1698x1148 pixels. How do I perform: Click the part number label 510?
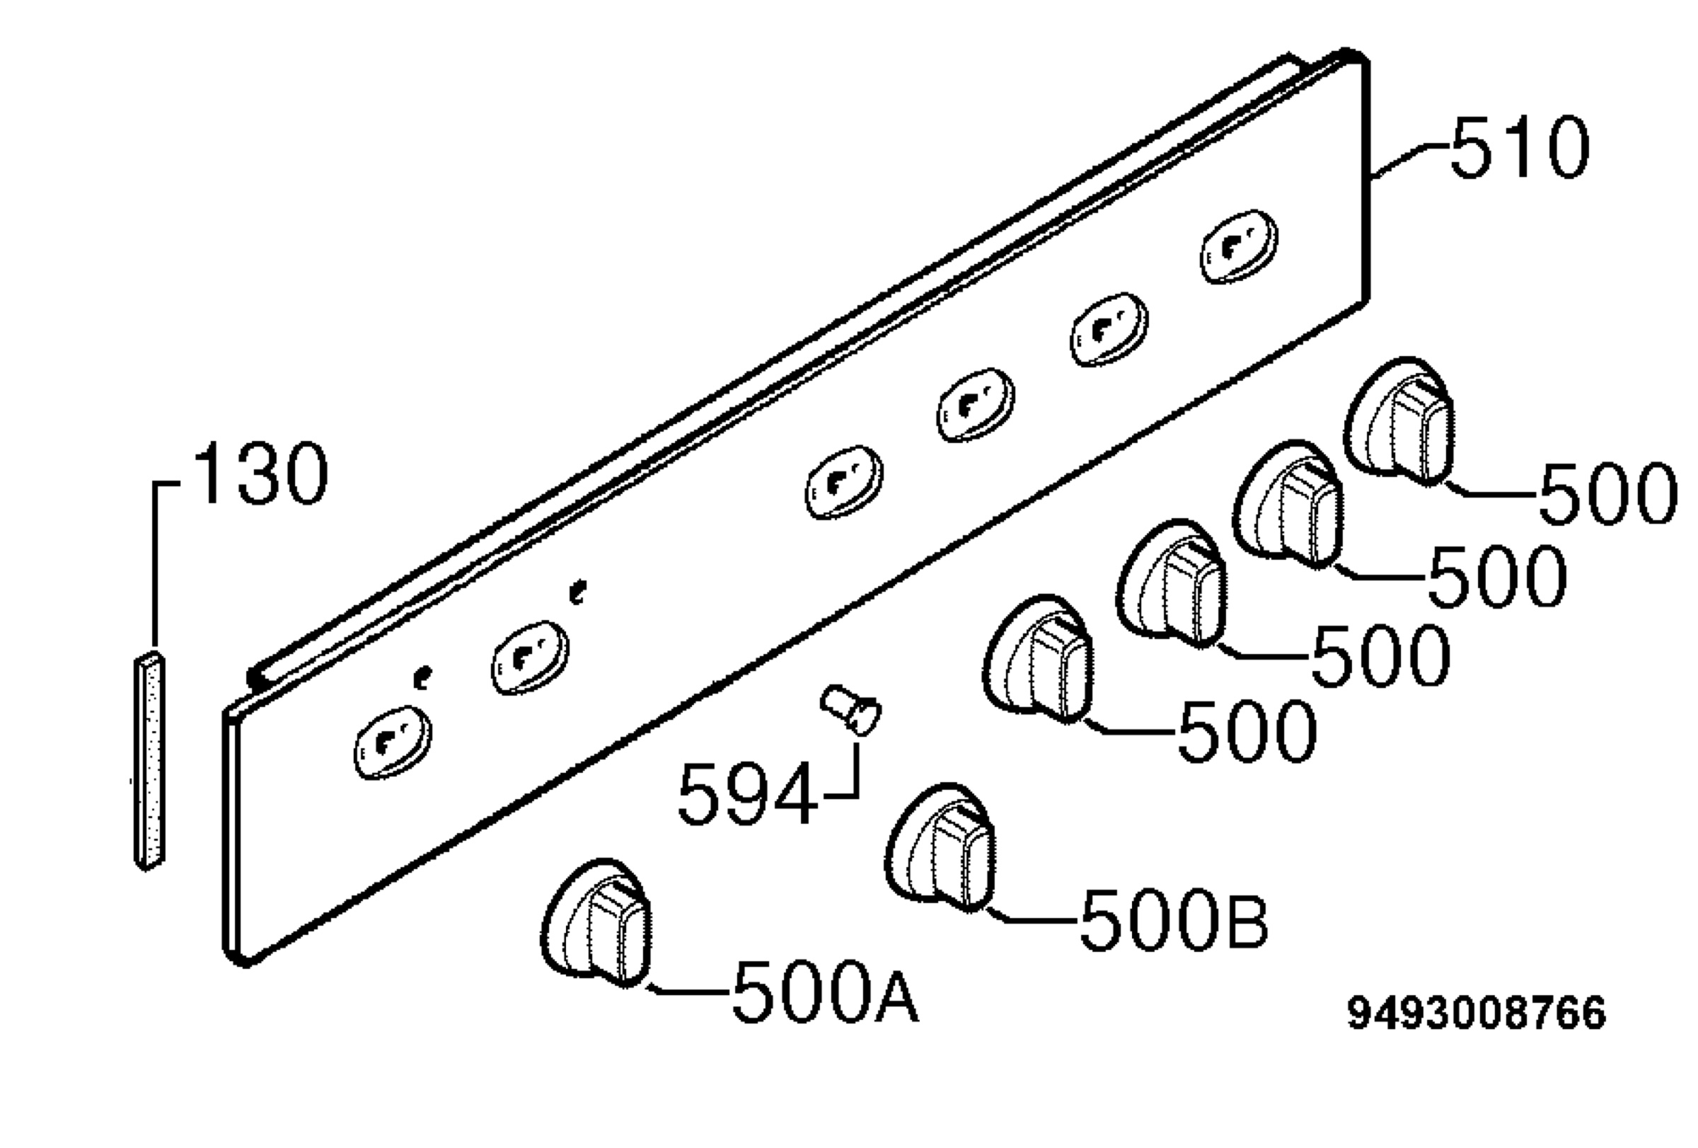click(x=1520, y=149)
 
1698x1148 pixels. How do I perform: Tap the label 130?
click(x=262, y=473)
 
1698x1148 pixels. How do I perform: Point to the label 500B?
click(x=1174, y=919)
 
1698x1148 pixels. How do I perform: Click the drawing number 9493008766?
click(x=1477, y=1014)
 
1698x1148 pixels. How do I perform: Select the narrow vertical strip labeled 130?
click(x=149, y=761)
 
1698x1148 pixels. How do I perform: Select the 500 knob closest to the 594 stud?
click(x=1038, y=659)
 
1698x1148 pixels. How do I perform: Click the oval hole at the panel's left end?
click(x=393, y=742)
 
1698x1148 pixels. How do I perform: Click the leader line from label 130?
click(x=155, y=563)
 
